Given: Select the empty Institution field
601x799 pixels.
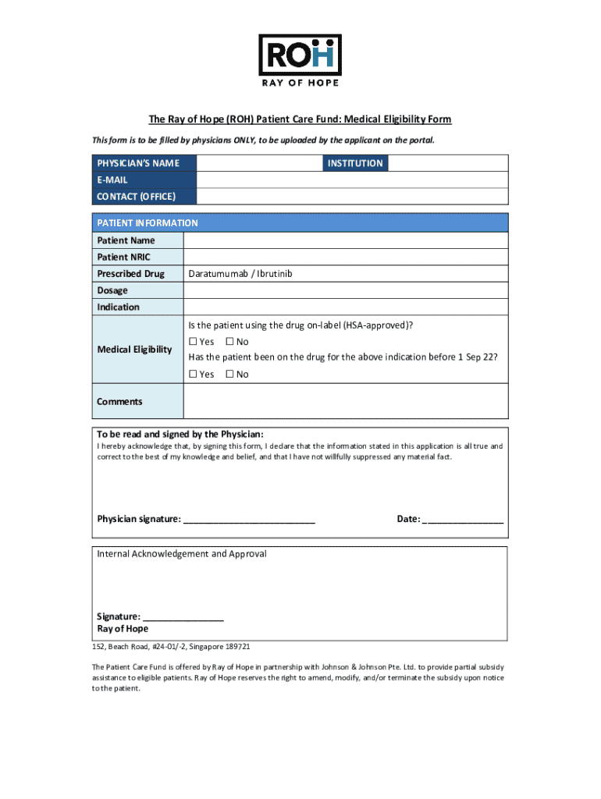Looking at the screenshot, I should click(447, 163).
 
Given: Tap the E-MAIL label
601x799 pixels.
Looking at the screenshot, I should click(112, 179).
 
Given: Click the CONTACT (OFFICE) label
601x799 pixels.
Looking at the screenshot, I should click(136, 197).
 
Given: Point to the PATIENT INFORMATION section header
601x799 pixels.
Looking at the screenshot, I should click(148, 223).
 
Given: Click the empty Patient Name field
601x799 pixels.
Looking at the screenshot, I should click(345, 240).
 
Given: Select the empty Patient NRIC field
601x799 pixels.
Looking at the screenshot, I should click(345, 257).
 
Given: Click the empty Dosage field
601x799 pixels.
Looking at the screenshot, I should click(345, 290).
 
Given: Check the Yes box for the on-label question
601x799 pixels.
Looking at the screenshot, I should click(193, 342).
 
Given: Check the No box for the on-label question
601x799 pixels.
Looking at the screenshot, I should click(229, 342).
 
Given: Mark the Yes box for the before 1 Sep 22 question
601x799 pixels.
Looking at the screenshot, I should click(193, 375).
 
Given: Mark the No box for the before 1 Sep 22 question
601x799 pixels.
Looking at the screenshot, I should click(229, 375).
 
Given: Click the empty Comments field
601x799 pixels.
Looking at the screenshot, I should click(345, 402).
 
